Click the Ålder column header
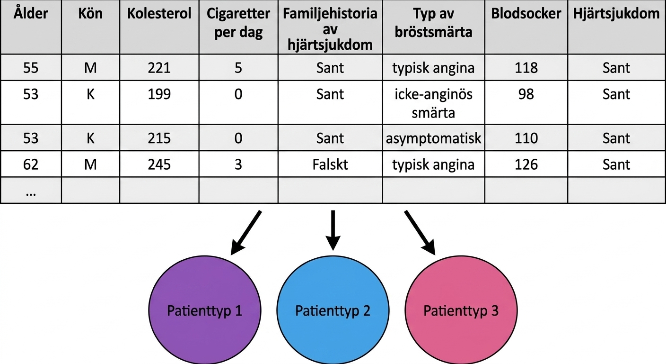point(31,13)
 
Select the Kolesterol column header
point(159,14)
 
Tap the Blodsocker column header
point(526,14)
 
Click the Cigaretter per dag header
point(238,23)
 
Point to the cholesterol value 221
point(159,68)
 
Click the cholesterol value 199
point(159,94)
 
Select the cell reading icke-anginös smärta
point(433,103)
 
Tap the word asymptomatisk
point(433,138)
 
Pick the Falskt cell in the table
point(330,164)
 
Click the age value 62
point(31,164)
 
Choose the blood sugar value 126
point(526,164)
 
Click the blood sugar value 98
point(526,94)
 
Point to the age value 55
point(31,68)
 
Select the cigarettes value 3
point(238,164)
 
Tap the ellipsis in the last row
point(31,194)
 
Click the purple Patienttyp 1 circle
point(205,310)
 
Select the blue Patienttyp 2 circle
point(333,310)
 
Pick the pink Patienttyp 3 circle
point(461,310)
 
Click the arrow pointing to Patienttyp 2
point(333,230)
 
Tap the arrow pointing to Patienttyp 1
point(246,233)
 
